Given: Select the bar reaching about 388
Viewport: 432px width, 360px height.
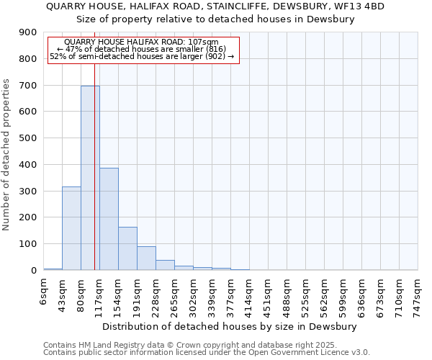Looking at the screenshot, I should [x=109, y=219].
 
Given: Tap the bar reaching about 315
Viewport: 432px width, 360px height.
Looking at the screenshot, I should [x=71, y=228].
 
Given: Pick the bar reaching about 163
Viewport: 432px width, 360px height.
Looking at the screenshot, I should [x=127, y=248].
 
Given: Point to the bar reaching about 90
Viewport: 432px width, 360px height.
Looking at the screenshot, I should [x=146, y=258].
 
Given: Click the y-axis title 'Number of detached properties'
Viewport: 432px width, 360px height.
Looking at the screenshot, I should [x=7, y=155].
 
